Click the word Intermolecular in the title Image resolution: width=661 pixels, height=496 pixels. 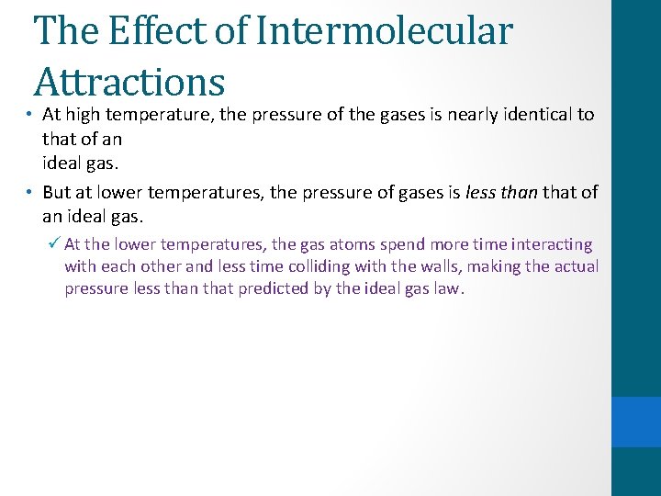click(385, 31)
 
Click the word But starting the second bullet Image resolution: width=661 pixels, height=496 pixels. click(57, 192)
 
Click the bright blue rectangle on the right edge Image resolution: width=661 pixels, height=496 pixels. click(636, 422)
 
